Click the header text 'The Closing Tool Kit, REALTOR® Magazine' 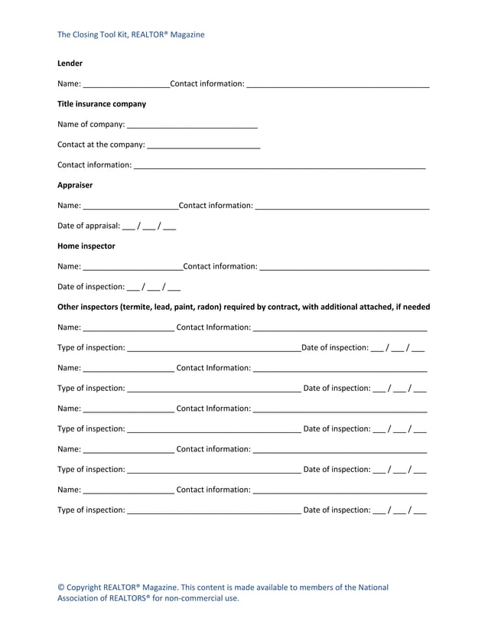[x=131, y=34]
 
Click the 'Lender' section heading [x=70, y=63]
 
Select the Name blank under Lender [x=126, y=84]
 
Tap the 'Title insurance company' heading [x=102, y=104]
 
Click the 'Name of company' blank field [x=192, y=125]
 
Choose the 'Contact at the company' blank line [x=203, y=145]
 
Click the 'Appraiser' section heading [x=75, y=184]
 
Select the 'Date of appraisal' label [x=89, y=226]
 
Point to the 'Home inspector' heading [x=86, y=246]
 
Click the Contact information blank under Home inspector [x=344, y=267]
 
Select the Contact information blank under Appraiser [x=342, y=206]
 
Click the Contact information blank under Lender [x=337, y=84]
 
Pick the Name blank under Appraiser [x=130, y=206]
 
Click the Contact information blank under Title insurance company [x=279, y=165]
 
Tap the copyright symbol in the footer [x=61, y=588]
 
